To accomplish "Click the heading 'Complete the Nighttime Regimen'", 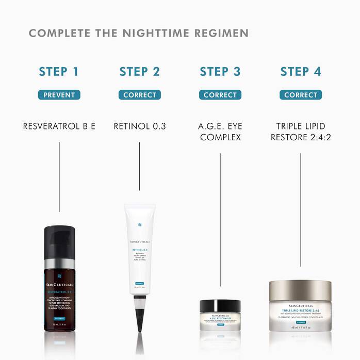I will [x=138, y=34].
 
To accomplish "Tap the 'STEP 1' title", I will [x=59, y=72].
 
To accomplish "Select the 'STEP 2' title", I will [x=139, y=72].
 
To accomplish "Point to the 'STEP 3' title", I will [x=220, y=72].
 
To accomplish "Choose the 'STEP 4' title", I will [x=301, y=72].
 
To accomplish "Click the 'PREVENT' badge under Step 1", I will [x=59, y=95].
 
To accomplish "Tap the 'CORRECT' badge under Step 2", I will [x=139, y=95].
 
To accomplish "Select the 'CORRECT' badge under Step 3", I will [x=220, y=95].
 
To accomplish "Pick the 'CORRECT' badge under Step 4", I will [x=301, y=95].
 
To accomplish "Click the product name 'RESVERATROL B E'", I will [x=59, y=126].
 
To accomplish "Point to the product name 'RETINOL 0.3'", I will [x=139, y=126].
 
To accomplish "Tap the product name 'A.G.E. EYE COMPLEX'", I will [x=220, y=132].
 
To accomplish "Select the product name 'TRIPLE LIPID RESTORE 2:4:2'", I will [x=301, y=132].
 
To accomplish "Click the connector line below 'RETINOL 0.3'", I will [x=139, y=165].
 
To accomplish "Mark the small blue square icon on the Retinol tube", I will [x=139, y=224].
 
